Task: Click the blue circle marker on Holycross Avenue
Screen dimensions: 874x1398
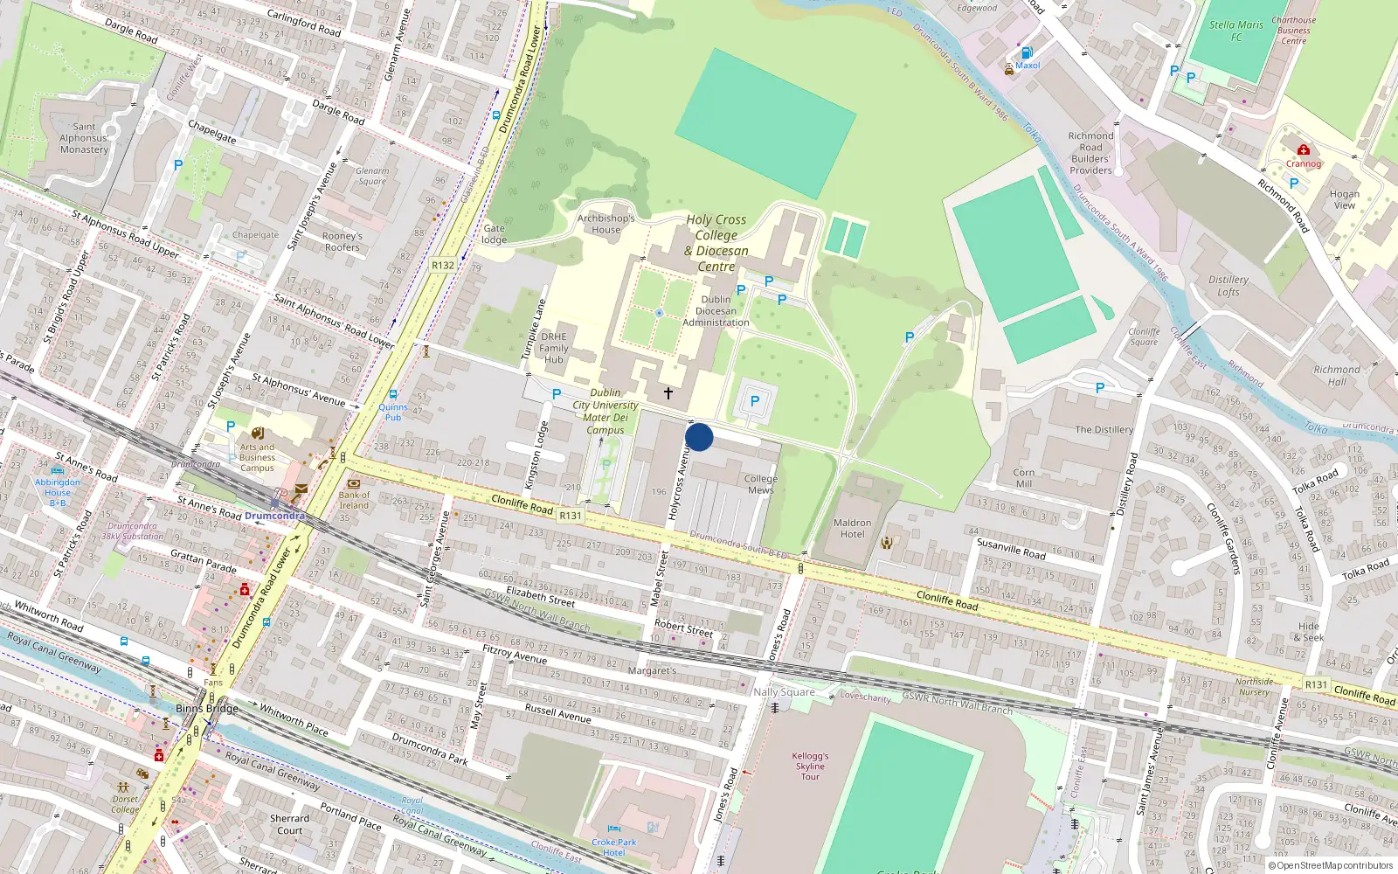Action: tap(699, 437)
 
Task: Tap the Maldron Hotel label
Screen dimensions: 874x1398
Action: tap(852, 528)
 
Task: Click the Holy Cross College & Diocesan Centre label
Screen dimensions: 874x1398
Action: tap(716, 243)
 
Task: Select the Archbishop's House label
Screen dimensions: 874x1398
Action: tap(606, 224)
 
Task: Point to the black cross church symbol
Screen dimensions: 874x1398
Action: tap(668, 393)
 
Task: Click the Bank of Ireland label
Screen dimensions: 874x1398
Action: tap(354, 500)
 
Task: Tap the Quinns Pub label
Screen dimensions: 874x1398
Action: tap(393, 412)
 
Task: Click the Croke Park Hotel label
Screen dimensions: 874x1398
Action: tap(613, 847)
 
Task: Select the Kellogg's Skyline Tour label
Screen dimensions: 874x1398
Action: tap(810, 766)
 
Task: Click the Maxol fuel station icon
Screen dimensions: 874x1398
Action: tap(1028, 53)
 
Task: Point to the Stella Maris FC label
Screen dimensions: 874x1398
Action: tap(1236, 31)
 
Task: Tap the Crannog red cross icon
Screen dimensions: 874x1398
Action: tap(1304, 150)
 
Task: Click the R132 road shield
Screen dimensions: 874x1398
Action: tap(443, 265)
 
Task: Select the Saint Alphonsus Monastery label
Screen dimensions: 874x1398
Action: tap(84, 138)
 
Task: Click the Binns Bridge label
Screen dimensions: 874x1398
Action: tap(207, 708)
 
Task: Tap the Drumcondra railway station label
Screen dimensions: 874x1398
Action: tap(274, 516)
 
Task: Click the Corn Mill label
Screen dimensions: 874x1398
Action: tap(1024, 477)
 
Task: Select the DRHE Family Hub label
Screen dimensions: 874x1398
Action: tap(554, 348)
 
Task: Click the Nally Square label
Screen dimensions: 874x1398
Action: tap(784, 691)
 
